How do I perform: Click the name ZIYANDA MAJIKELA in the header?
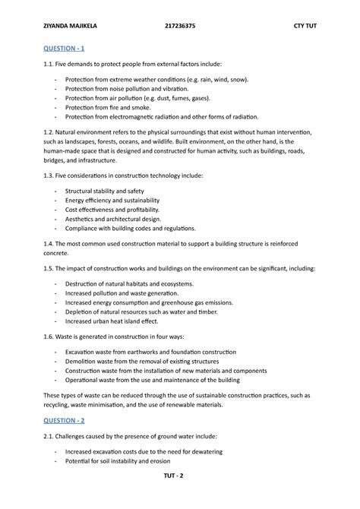pos(60,27)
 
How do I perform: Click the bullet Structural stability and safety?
pos(104,191)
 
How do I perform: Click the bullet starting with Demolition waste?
pos(141,362)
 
